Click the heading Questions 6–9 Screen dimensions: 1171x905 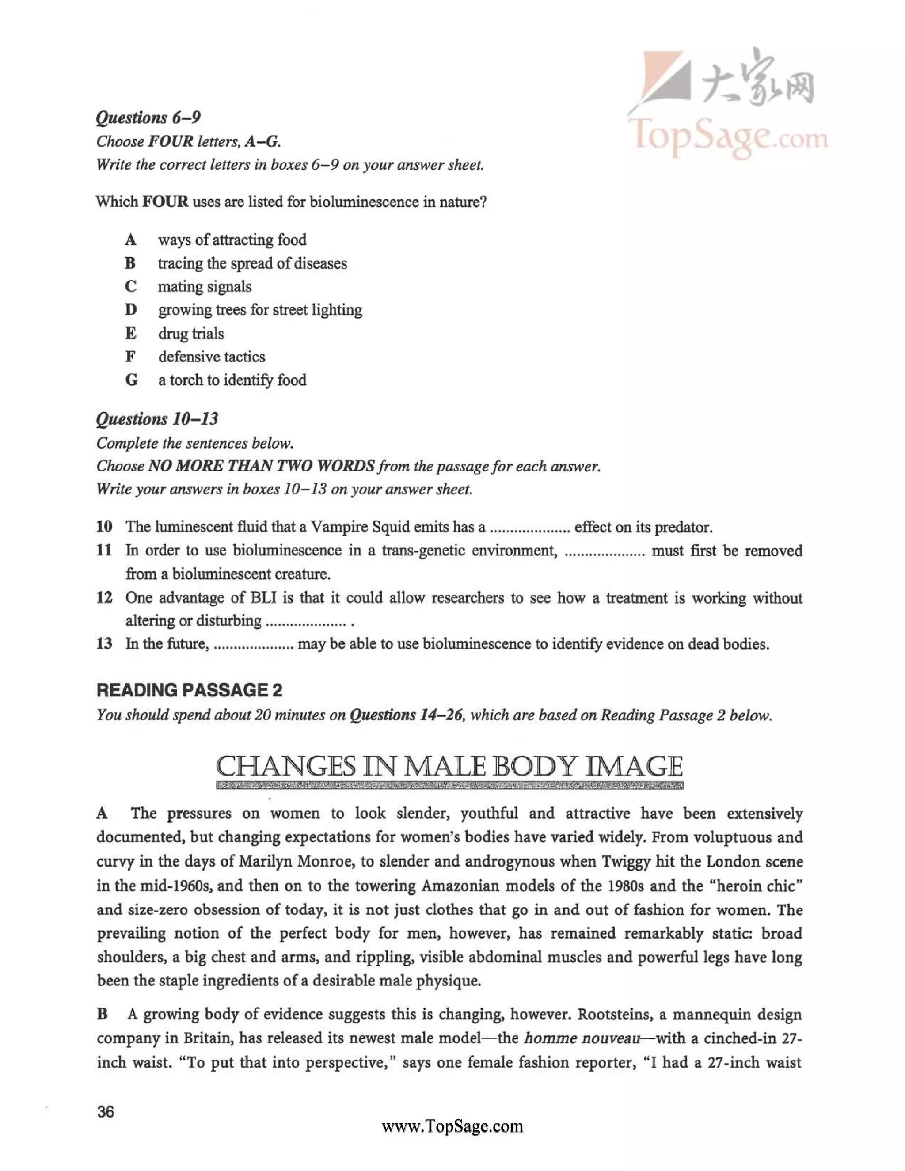148,118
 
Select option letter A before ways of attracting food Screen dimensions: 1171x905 130,240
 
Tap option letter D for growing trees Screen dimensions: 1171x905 131,310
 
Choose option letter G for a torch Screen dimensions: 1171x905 131,380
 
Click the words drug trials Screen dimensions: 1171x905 191,334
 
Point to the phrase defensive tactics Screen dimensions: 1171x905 211,357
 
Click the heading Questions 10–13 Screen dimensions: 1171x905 157,419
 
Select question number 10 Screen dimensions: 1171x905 104,527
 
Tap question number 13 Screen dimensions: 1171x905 104,643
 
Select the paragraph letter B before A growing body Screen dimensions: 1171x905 103,1015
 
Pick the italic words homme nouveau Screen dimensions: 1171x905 582,1038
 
